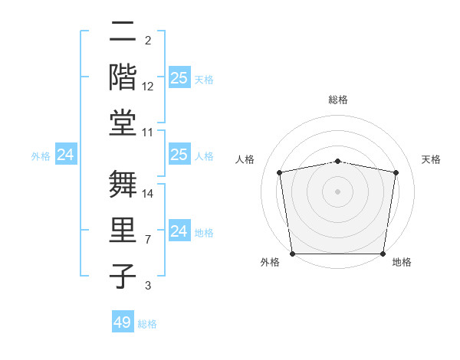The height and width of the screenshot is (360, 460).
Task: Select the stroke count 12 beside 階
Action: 148,87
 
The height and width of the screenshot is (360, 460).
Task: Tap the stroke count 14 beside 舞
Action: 148,194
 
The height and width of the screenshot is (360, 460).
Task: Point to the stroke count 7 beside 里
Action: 148,240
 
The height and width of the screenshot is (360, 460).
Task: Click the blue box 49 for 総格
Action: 123,322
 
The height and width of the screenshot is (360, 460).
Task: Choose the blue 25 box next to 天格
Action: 179,78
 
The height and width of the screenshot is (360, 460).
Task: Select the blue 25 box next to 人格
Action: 179,155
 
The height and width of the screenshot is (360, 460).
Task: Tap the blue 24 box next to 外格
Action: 66,155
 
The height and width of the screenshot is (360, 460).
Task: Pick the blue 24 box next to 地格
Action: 179,231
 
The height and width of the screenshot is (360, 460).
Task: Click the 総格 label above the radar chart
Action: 338,100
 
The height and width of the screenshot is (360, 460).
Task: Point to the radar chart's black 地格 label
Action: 402,262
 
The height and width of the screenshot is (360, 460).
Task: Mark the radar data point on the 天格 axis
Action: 396,172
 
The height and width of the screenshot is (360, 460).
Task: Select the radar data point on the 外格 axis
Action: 293,254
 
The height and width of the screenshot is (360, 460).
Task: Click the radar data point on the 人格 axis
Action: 280,172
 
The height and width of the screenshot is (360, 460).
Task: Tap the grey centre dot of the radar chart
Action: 338,191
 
